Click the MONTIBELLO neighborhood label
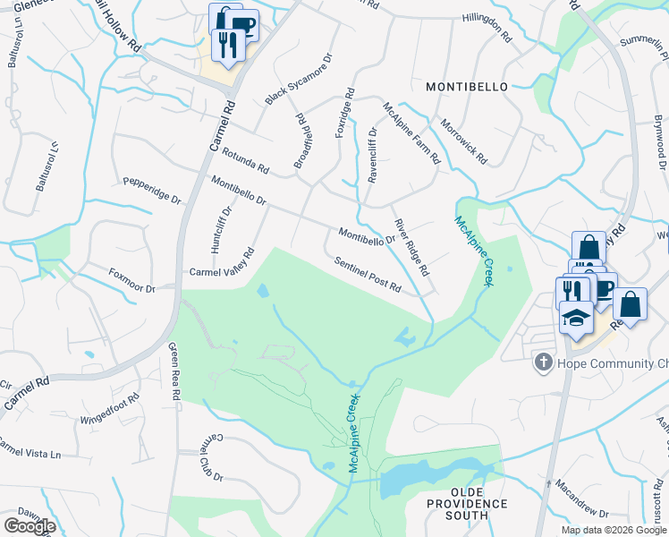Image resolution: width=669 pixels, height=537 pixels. click(x=466, y=87)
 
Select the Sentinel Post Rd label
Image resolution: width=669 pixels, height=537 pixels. click(x=368, y=277)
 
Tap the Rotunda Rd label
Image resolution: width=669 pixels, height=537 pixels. click(x=245, y=160)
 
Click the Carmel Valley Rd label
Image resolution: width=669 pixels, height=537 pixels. click(x=221, y=269)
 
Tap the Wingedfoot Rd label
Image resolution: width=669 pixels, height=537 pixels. click(x=110, y=408)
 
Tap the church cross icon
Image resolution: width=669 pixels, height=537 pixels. click(x=541, y=362)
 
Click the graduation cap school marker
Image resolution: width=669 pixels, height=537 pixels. click(x=576, y=317)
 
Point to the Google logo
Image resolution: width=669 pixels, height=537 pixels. click(x=30, y=526)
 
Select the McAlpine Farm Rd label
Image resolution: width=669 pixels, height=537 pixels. click(x=411, y=133)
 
